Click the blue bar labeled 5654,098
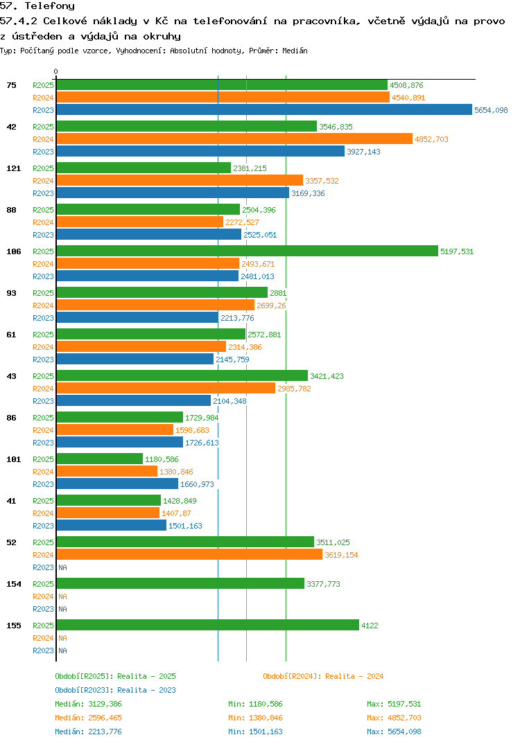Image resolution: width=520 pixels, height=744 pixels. pos(263,109)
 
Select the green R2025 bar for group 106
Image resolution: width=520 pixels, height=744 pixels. pos(247,251)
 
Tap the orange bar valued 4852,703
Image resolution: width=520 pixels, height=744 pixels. pos(234,139)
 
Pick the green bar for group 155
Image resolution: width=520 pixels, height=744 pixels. pos(207,625)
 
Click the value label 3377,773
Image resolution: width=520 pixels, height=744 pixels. pos(323,584)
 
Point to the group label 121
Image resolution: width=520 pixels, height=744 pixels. pos(12,168)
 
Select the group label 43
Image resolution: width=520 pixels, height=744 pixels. pos(12,376)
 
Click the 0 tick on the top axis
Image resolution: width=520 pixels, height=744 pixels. pos(56,71)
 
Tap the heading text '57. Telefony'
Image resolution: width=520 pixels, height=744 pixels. pos(37,6)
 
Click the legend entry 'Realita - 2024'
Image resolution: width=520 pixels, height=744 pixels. pos(323,676)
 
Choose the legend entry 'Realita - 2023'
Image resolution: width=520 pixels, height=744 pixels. pos(115,690)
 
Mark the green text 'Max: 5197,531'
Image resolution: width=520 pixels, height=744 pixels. pos(394,704)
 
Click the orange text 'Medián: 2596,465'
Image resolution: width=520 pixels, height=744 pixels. pos(88,718)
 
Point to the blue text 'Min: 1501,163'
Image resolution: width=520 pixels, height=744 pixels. pos(255,732)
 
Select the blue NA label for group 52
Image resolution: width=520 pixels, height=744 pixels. pos(62,567)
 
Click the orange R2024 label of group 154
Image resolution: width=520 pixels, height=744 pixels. pos(43,596)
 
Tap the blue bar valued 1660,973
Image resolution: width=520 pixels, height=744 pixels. pos(117,484)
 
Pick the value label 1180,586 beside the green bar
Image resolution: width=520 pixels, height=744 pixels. pos(162,459)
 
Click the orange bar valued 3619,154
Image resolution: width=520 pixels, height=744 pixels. pos(189,554)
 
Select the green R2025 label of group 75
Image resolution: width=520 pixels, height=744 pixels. pos(43,85)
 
